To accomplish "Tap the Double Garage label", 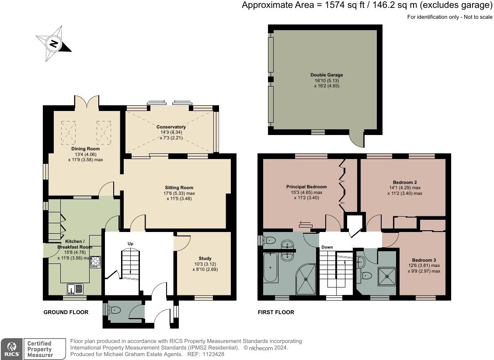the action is pyautogui.click(x=327, y=75).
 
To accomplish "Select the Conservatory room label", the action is pyautogui.click(x=171, y=127).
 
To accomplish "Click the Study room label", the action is pyautogui.click(x=205, y=258).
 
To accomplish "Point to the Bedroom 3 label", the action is pyautogui.click(x=424, y=260).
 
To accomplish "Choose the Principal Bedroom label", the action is pyautogui.click(x=306, y=187).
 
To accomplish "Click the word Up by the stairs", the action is pyautogui.click(x=130, y=244).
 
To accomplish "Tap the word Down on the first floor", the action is pyautogui.click(x=327, y=247).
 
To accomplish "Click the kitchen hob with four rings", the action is pyautogui.click(x=95, y=262).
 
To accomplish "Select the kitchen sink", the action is pyautogui.click(x=75, y=288).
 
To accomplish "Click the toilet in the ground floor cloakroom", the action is pyautogui.click(x=114, y=311).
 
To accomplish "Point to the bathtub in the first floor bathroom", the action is pyautogui.click(x=271, y=267).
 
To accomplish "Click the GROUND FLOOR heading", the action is pyautogui.click(x=66, y=312).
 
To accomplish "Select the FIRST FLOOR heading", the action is pyautogui.click(x=276, y=312).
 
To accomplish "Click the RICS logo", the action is pyautogui.click(x=12, y=349).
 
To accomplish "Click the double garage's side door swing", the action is pyautogui.click(x=357, y=139).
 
